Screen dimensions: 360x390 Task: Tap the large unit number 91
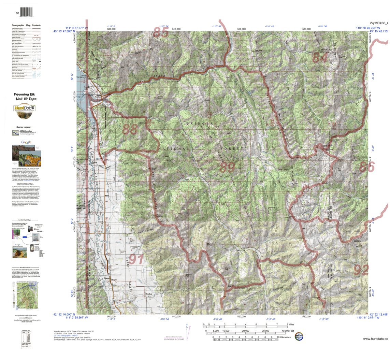tap(136, 259)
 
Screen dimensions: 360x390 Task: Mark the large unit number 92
tap(361, 270)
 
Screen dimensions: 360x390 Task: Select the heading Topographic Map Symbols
tap(26, 26)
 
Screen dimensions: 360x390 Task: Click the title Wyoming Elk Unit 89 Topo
tap(26, 97)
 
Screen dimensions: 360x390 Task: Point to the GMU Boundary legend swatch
tap(16, 133)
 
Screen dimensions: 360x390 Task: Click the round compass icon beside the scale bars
tap(299, 336)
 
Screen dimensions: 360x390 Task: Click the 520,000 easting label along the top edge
tap(242, 29)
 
